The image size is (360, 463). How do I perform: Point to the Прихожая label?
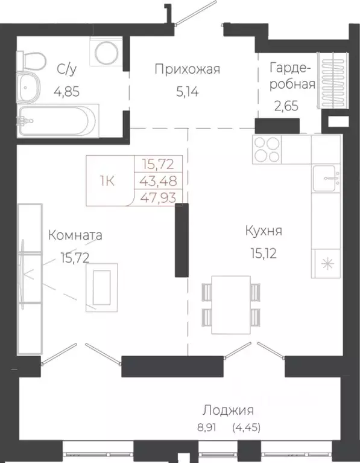187,69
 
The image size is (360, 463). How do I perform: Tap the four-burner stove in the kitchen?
266,149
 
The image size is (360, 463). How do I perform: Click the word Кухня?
264,231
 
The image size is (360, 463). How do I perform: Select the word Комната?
75,235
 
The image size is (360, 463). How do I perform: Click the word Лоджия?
228,411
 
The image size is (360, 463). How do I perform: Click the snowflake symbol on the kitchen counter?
326,263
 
